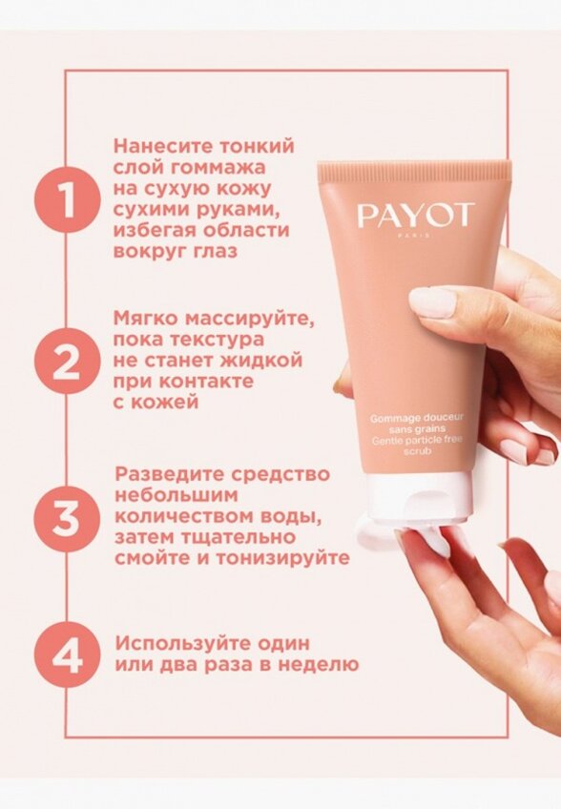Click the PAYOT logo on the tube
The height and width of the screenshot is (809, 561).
click(x=415, y=216)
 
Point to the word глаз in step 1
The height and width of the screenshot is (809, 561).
click(x=212, y=252)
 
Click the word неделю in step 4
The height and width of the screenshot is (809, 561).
click(x=320, y=664)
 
